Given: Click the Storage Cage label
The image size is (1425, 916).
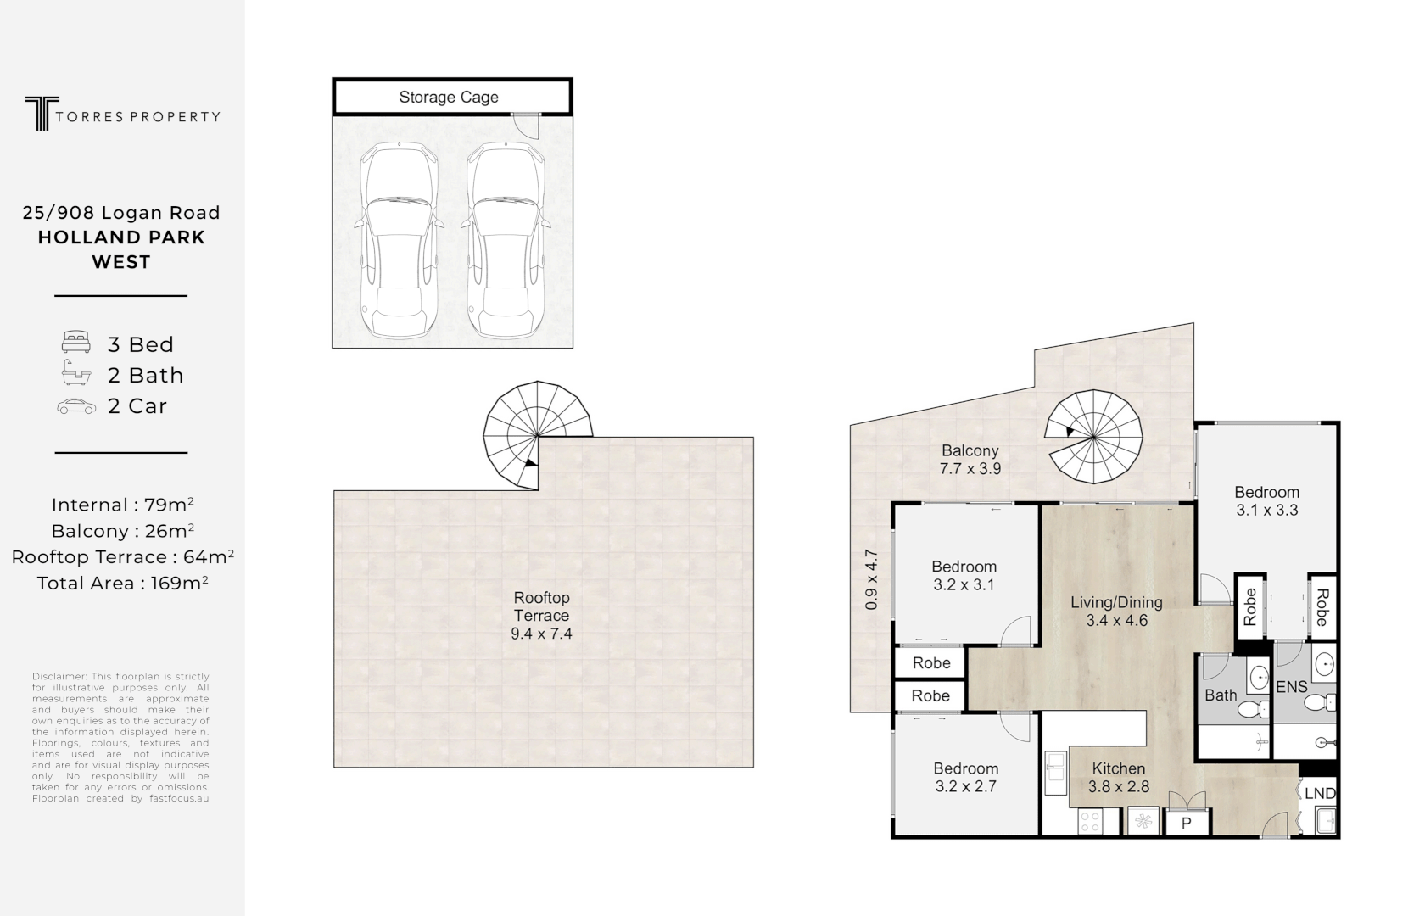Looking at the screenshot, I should (449, 98).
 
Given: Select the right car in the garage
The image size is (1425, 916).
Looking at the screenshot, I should (504, 242).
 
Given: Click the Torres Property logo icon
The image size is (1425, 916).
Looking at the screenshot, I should (37, 114).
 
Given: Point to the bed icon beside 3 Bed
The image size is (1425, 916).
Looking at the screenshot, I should (76, 343).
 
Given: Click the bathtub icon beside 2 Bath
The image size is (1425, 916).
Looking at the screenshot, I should (76, 373).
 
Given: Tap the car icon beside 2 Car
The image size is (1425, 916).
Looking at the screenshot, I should (76, 406).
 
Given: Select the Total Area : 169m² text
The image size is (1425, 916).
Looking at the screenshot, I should (122, 583).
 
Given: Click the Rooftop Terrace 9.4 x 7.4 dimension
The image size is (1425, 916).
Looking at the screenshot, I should (541, 634).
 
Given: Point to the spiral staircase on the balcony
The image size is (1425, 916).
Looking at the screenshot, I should (1093, 436).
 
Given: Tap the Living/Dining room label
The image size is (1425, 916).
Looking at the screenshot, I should (1116, 602).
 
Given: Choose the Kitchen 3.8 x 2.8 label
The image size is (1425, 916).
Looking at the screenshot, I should (1119, 778).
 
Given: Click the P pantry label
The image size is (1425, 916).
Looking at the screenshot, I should (1187, 823).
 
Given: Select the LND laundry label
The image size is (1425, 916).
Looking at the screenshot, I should (1320, 794).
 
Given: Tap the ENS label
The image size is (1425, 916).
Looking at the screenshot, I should (1291, 687).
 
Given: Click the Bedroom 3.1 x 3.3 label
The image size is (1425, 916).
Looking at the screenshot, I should (1266, 500).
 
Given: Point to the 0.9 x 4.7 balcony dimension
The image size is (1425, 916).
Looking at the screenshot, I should (871, 580).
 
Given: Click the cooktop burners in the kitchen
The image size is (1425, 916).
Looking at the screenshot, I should (1088, 821).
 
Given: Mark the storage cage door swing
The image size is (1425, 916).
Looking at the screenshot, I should (529, 126).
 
